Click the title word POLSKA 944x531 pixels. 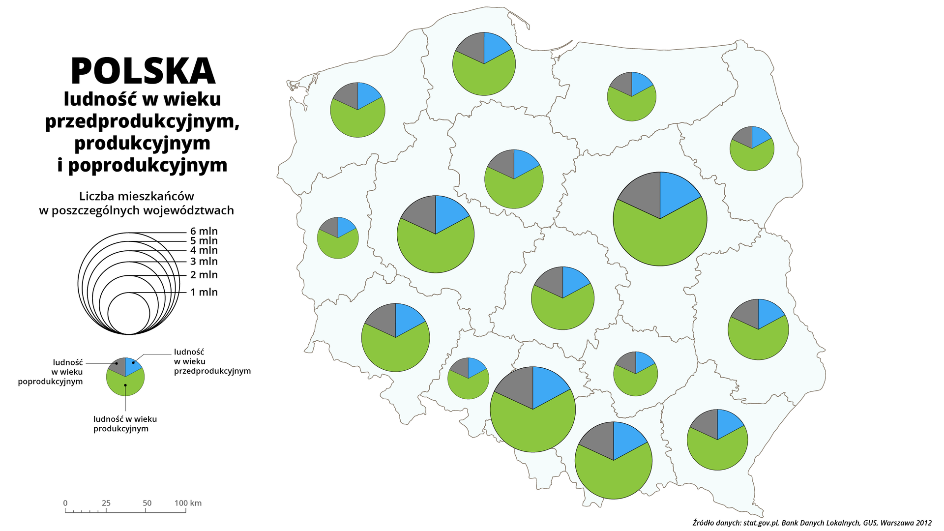click(x=143, y=72)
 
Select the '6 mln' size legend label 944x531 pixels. click(x=204, y=232)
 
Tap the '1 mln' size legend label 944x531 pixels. click(x=204, y=293)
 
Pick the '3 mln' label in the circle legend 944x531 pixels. click(x=204, y=262)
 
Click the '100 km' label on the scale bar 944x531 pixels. click(x=188, y=503)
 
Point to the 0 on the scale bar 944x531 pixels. click(x=65, y=503)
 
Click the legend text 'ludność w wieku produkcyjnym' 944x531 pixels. click(x=125, y=424)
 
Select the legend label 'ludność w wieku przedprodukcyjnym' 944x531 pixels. click(x=212, y=361)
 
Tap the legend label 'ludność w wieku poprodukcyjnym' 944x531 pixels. click(x=51, y=372)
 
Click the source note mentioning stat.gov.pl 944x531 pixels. click(x=811, y=523)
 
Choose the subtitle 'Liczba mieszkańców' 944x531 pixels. click(x=137, y=196)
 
